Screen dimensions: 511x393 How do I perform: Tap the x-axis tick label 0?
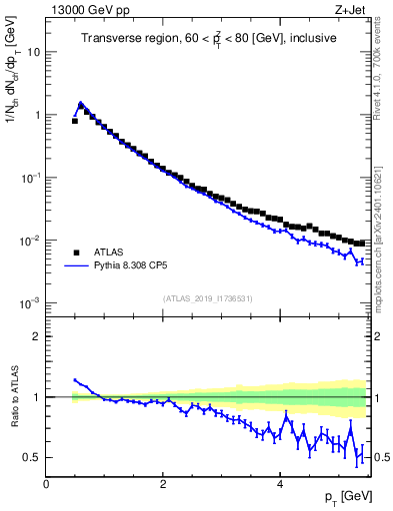point(46,485)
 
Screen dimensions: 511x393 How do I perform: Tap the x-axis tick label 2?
point(163,485)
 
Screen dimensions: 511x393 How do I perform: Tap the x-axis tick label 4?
point(280,485)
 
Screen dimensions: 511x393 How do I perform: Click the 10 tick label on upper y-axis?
point(34,52)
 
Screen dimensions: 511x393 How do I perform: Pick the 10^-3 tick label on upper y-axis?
point(30,303)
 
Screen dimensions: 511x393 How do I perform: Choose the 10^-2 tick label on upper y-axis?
point(30,241)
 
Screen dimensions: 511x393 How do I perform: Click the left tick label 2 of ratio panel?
point(37,336)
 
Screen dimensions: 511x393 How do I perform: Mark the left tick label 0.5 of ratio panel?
point(32,458)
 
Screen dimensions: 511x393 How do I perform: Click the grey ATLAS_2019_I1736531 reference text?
point(208,297)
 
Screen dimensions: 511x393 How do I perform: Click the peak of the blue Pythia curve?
point(81,103)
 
